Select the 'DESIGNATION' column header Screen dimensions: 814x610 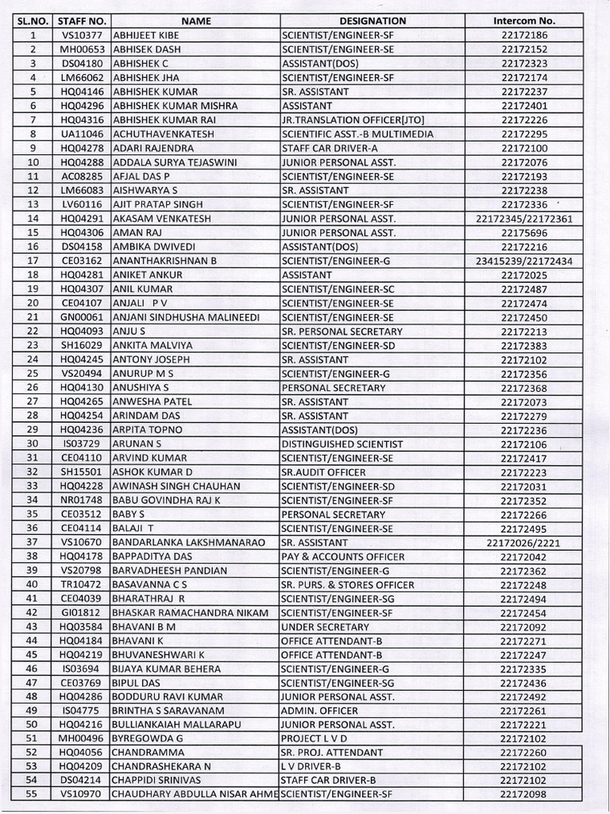(x=373, y=21)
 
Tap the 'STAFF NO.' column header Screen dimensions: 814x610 (x=82, y=21)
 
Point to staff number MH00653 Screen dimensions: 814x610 (x=82, y=49)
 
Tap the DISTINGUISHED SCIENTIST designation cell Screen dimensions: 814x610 (x=342, y=444)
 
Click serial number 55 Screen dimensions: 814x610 (x=33, y=794)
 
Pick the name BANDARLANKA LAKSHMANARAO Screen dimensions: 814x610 (x=187, y=542)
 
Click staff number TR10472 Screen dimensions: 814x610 (x=82, y=584)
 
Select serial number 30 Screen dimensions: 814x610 (x=33, y=444)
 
